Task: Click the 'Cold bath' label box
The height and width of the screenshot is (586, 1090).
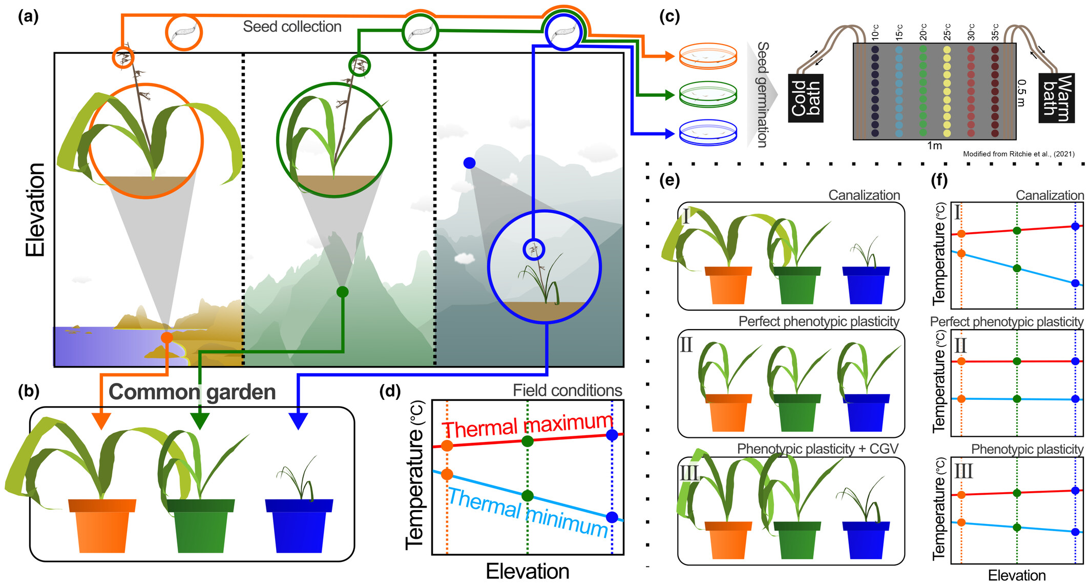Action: tap(806, 97)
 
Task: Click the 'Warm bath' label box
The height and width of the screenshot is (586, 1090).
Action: tap(1056, 97)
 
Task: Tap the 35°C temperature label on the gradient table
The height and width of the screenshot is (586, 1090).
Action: tap(995, 32)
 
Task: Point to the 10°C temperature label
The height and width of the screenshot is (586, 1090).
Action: tap(875, 32)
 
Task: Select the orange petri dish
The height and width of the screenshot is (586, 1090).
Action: tap(708, 56)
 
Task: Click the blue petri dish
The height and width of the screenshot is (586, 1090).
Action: tap(708, 133)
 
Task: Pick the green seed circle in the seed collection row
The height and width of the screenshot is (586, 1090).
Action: tap(420, 32)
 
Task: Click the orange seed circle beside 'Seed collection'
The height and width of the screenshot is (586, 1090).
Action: tap(184, 32)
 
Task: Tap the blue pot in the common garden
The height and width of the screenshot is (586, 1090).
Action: tap(299, 526)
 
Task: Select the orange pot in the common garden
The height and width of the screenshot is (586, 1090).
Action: tap(102, 526)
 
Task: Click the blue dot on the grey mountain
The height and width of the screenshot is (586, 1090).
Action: tap(469, 163)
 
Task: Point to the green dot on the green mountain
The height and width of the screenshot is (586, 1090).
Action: tap(342, 292)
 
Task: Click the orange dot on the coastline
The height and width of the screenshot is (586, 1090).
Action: tap(166, 337)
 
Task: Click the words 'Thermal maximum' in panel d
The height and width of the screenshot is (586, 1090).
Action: tap(528, 426)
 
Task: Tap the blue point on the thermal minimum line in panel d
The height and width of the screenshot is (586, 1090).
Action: tap(612, 517)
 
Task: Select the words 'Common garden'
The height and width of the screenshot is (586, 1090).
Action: tap(192, 392)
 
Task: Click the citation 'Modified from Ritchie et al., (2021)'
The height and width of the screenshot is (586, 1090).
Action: tap(1018, 154)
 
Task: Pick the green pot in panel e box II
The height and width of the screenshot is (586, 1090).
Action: tap(797, 413)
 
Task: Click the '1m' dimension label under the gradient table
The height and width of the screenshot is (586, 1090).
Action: tap(934, 146)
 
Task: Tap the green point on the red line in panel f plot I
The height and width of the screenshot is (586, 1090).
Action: tap(1017, 230)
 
